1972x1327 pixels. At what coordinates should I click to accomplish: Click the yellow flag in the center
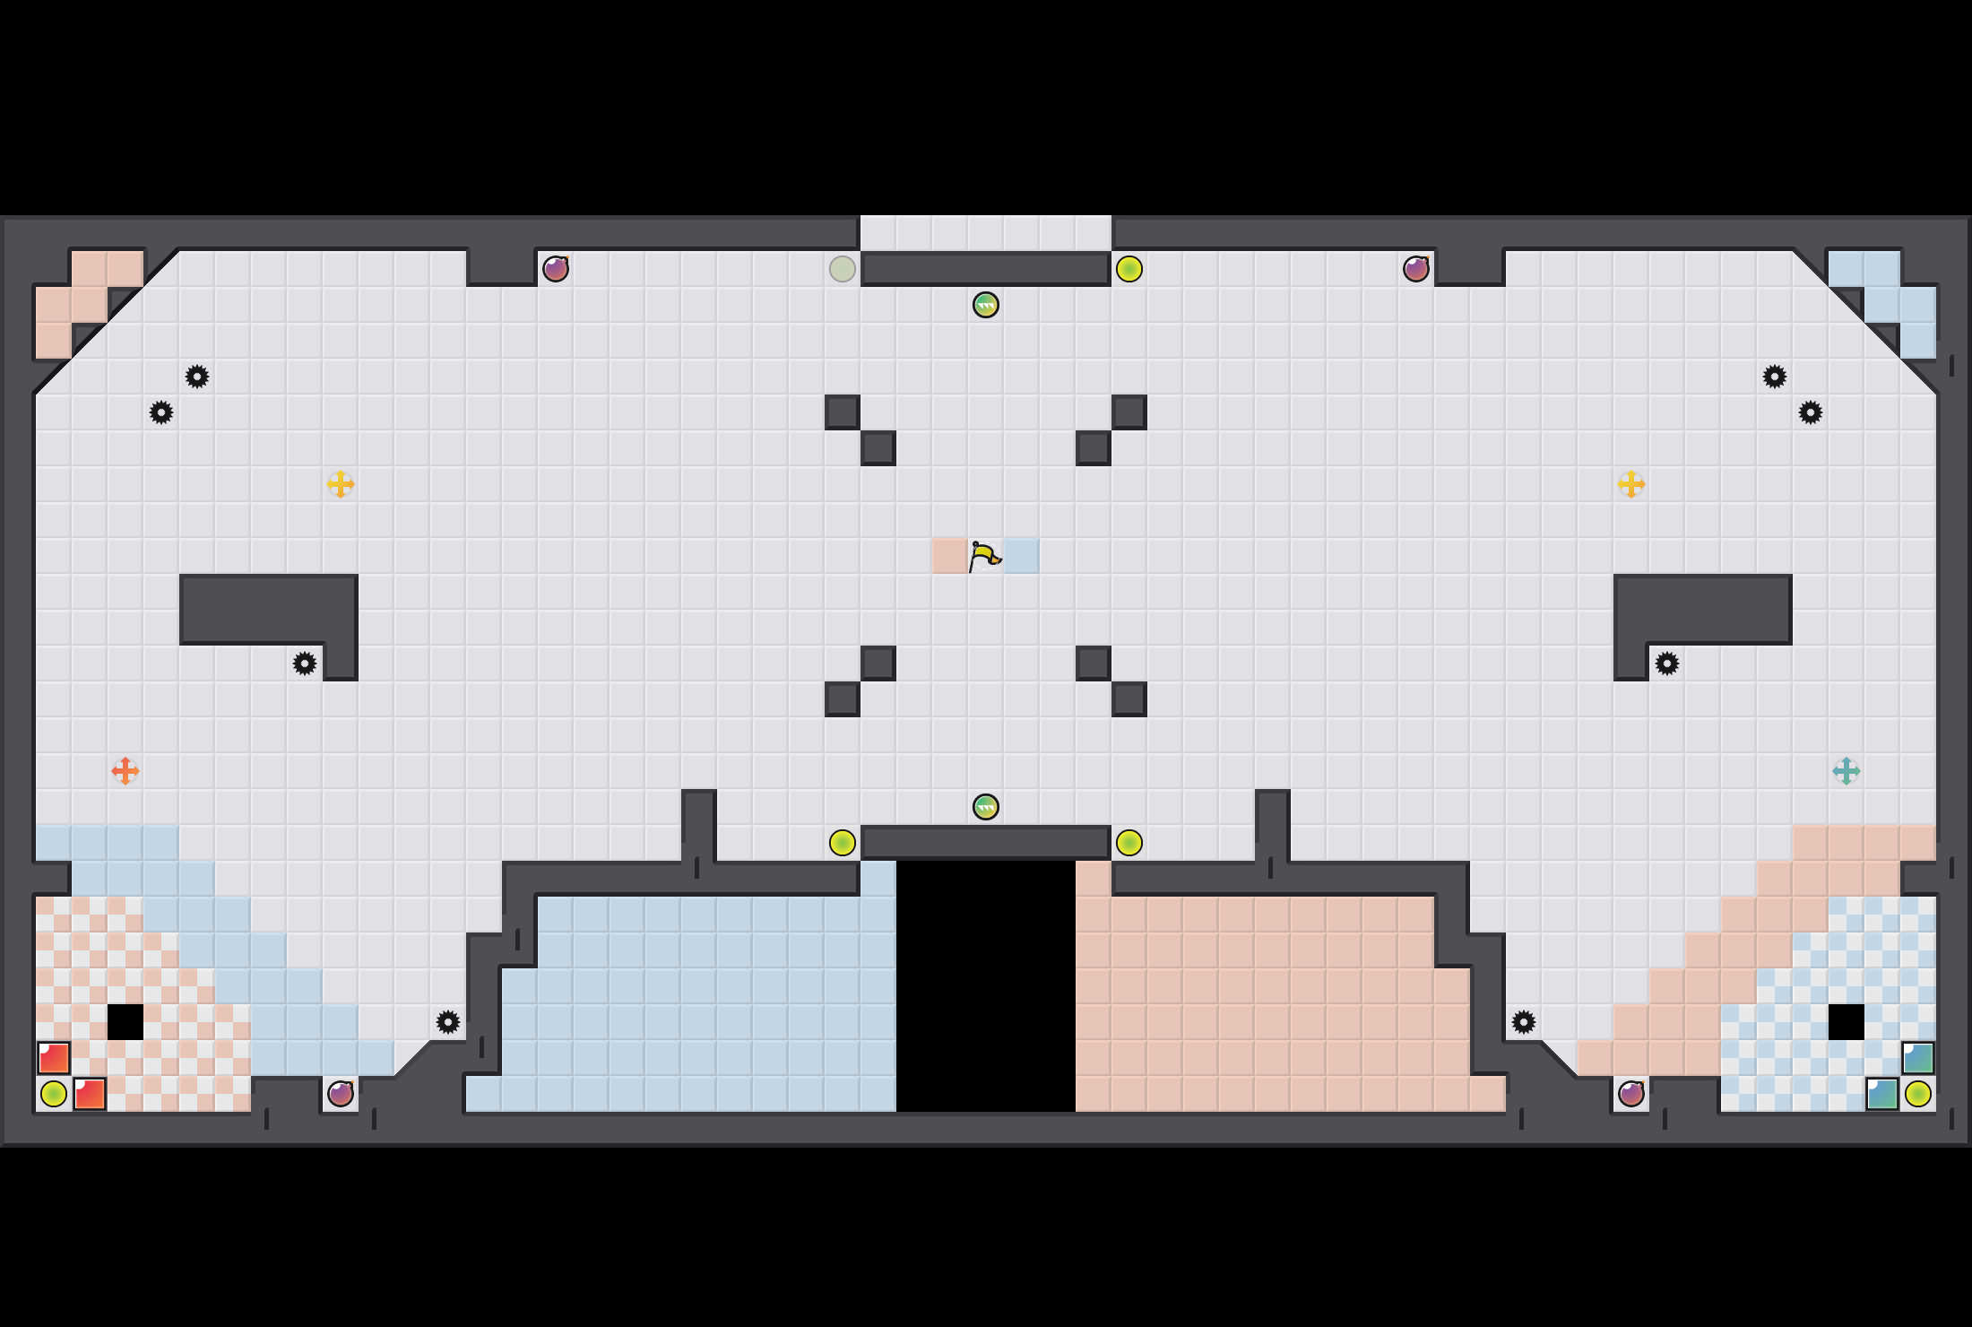tap(985, 556)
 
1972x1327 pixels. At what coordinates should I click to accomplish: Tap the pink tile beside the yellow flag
tap(949, 556)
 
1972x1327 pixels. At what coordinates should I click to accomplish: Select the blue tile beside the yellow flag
tap(1021, 556)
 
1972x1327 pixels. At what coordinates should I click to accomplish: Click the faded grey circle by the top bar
tap(842, 269)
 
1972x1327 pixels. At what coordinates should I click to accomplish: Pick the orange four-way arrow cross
tap(125, 771)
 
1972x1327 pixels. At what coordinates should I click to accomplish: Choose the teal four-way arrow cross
tap(1846, 771)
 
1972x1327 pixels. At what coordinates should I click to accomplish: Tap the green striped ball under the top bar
tap(985, 305)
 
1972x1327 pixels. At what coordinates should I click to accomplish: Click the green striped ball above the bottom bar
tap(985, 807)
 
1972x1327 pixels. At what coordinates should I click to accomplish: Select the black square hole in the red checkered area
tap(125, 1022)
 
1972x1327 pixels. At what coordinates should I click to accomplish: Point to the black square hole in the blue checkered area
tap(1846, 1022)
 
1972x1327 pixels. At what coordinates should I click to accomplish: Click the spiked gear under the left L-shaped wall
tap(304, 663)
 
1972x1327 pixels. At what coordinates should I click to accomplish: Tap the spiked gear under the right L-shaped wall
tap(1666, 663)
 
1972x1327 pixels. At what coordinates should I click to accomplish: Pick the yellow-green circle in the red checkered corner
tap(53, 1094)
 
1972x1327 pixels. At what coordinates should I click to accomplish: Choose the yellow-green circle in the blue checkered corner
tap(1917, 1094)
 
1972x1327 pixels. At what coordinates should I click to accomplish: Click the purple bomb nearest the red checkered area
tap(340, 1094)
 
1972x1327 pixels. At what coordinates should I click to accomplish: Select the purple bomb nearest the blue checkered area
tap(1630, 1094)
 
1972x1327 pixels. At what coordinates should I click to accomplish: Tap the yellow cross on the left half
tap(340, 484)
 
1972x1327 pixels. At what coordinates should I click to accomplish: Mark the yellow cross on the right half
tap(1630, 484)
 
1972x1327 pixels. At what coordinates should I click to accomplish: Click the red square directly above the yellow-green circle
tap(53, 1058)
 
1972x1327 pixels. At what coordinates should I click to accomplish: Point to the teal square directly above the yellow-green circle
tap(1917, 1058)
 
